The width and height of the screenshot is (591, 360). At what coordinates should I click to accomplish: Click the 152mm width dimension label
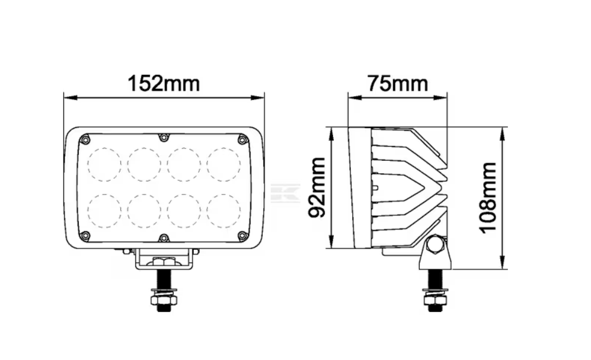(x=164, y=84)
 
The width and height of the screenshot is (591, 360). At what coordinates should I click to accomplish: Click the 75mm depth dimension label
(x=398, y=84)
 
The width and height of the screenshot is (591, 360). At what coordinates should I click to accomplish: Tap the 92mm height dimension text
(x=317, y=188)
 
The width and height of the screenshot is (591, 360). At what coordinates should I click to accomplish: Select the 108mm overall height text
(x=488, y=198)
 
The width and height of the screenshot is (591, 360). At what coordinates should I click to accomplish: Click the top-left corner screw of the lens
(x=85, y=140)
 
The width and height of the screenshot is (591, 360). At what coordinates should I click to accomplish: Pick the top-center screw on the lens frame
(x=164, y=138)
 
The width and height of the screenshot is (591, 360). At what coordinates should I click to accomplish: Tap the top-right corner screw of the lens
(x=242, y=140)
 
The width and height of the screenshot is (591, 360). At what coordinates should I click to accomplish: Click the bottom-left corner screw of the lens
(x=85, y=236)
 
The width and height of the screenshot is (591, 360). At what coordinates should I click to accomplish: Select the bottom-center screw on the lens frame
(x=164, y=238)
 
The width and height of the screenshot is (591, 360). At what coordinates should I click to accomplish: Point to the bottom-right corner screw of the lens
(x=242, y=236)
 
